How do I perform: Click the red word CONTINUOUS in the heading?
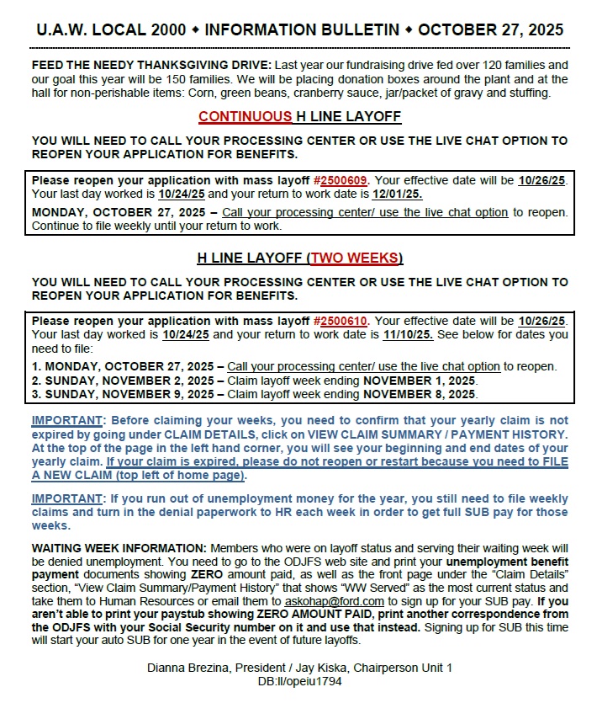pos(245,116)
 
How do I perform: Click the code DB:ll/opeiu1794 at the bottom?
pos(300,681)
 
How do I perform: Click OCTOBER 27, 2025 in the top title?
pos(490,30)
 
